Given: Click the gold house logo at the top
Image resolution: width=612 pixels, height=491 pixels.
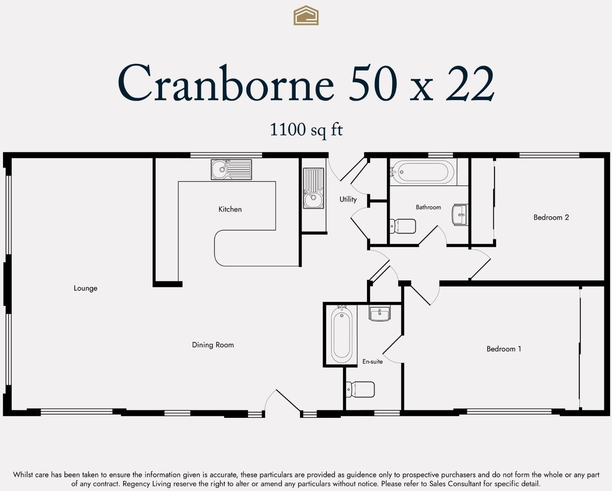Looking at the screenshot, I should [306, 16].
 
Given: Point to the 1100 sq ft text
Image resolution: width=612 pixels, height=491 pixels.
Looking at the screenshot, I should [306, 130].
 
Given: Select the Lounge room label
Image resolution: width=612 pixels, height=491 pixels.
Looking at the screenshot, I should [85, 288].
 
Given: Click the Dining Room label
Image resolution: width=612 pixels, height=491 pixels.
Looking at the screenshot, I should [213, 345].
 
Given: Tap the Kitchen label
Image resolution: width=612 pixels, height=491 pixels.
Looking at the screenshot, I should [230, 209].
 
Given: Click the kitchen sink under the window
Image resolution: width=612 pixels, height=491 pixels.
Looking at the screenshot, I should [231, 170].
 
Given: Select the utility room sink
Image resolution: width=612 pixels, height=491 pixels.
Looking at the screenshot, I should [313, 188].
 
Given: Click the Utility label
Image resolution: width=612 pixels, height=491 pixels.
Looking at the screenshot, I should [348, 199].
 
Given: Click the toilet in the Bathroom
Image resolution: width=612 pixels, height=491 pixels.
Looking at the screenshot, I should [403, 226].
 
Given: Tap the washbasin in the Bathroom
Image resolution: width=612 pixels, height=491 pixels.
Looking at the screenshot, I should [460, 214].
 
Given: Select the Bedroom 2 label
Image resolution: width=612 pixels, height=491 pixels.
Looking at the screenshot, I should [551, 217].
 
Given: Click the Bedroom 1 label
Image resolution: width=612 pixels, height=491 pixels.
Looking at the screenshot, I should [504, 349].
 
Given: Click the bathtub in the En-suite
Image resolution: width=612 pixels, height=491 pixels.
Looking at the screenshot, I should [341, 335].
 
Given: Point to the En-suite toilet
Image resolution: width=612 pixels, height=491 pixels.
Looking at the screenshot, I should [361, 389].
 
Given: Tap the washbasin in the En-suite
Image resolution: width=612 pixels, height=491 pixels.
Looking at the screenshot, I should [379, 314].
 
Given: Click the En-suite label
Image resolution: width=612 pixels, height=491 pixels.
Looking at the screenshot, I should [372, 361].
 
